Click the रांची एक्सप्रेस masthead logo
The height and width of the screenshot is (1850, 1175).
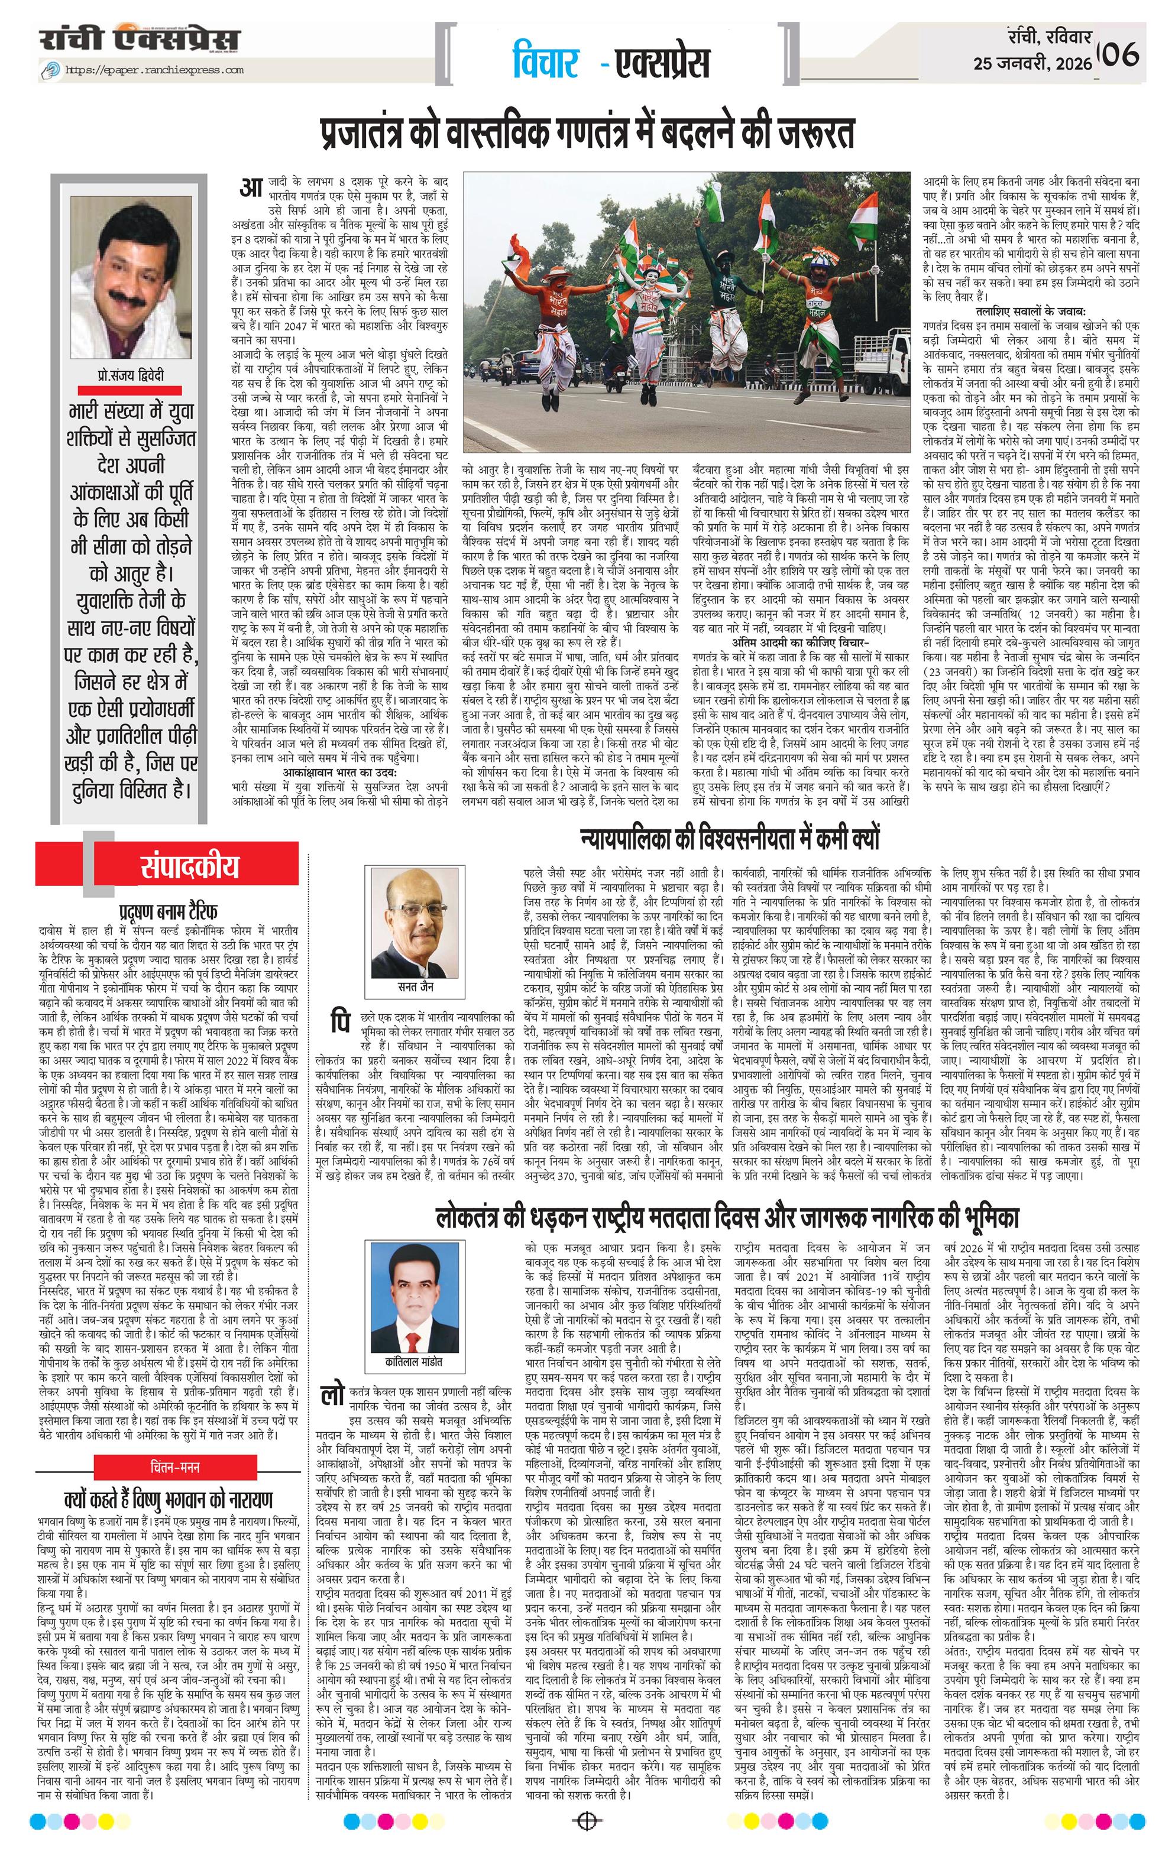click(x=140, y=40)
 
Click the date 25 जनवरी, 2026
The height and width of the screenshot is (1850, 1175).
click(x=1031, y=64)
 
